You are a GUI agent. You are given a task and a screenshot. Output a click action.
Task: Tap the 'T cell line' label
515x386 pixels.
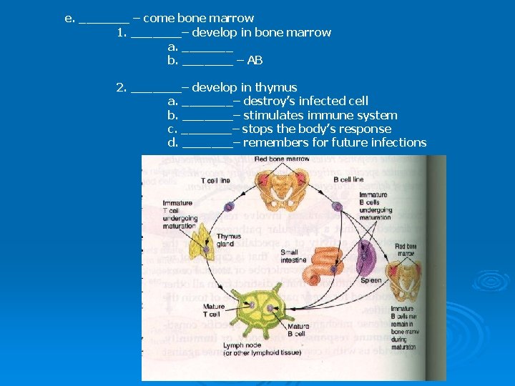tap(215, 181)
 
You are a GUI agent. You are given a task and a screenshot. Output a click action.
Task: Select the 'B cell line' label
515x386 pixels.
tap(349, 179)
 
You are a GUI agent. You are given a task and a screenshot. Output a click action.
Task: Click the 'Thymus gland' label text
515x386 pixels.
tap(229, 240)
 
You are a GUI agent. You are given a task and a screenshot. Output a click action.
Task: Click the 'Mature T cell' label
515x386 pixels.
tap(213, 310)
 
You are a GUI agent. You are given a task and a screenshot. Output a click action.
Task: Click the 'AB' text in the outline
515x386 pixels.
tap(255, 61)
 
